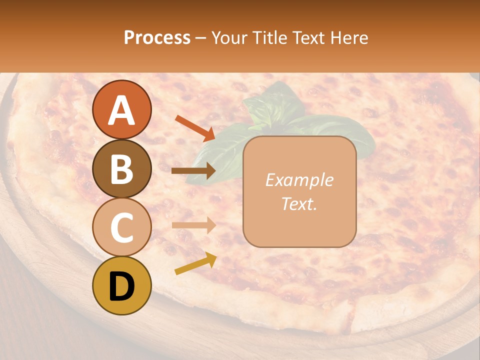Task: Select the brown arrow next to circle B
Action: click(193, 171)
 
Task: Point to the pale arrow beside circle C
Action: click(193, 225)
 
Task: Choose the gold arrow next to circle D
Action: click(195, 263)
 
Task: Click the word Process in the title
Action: click(157, 37)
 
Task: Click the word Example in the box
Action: click(299, 180)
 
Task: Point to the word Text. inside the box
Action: click(299, 204)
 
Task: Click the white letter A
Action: click(121, 110)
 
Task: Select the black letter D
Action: click(121, 286)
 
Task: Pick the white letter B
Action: click(121, 169)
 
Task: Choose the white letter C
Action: click(121, 227)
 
